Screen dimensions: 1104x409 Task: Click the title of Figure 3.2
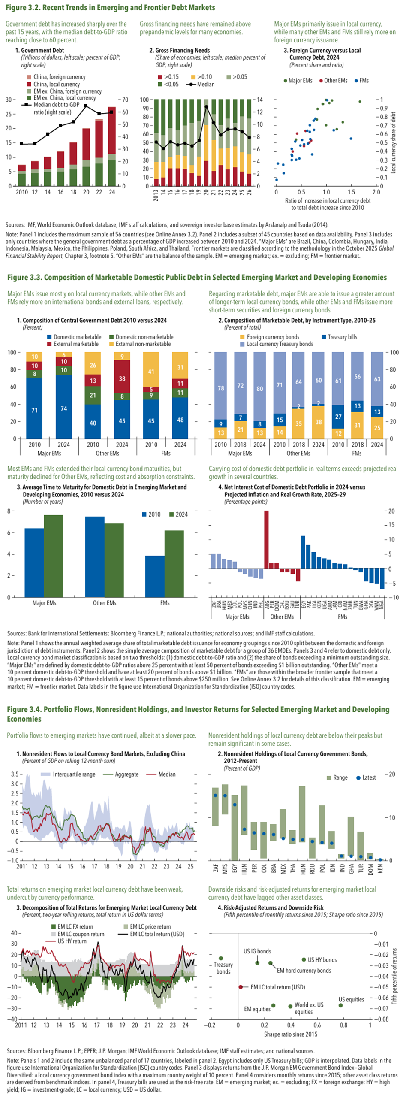[111, 7]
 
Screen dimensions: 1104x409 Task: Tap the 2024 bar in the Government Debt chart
[112, 146]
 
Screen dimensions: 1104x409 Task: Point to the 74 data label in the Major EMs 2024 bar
[64, 408]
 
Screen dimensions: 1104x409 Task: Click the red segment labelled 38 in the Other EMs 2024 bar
[122, 378]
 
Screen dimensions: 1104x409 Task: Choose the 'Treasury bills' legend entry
[342, 337]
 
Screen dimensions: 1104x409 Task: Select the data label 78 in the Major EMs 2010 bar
[221, 388]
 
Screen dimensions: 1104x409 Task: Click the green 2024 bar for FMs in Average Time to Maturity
[174, 563]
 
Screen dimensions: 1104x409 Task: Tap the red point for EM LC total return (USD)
[241, 987]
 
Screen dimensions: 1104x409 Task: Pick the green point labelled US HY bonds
[304, 959]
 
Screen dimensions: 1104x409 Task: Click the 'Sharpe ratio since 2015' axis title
[291, 1034]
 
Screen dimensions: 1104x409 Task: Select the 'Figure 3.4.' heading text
[24, 709]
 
